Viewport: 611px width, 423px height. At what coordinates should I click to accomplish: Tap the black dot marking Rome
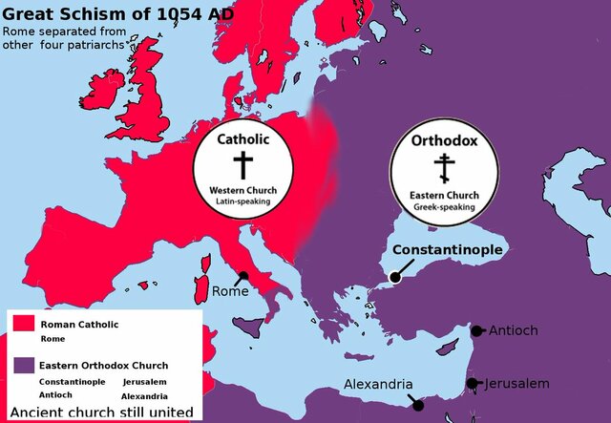[243, 277]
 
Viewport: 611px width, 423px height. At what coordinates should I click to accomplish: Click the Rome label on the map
[230, 291]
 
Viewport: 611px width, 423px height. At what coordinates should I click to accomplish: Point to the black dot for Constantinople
[394, 278]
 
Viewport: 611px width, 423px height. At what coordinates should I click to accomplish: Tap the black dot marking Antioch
[476, 331]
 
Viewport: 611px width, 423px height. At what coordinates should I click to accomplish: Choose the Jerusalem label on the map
[516, 383]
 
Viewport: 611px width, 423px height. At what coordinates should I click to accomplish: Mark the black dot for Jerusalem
[473, 384]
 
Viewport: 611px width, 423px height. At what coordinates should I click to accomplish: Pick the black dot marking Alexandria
[417, 405]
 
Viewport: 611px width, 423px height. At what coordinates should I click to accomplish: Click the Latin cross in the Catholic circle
[243, 164]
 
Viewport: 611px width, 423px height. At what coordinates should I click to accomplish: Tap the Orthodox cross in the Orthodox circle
[444, 169]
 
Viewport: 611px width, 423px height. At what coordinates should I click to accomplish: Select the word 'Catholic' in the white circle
[243, 138]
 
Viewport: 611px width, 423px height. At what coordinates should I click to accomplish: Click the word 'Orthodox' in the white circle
[444, 141]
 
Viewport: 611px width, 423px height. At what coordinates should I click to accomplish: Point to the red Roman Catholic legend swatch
[23, 325]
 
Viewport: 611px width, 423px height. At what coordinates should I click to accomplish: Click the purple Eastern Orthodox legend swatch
[23, 365]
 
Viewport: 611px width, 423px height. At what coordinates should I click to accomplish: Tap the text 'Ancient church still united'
[102, 412]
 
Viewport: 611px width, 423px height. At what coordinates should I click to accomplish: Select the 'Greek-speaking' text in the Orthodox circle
[444, 207]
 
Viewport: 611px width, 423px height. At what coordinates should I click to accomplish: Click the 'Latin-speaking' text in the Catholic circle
[243, 202]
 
